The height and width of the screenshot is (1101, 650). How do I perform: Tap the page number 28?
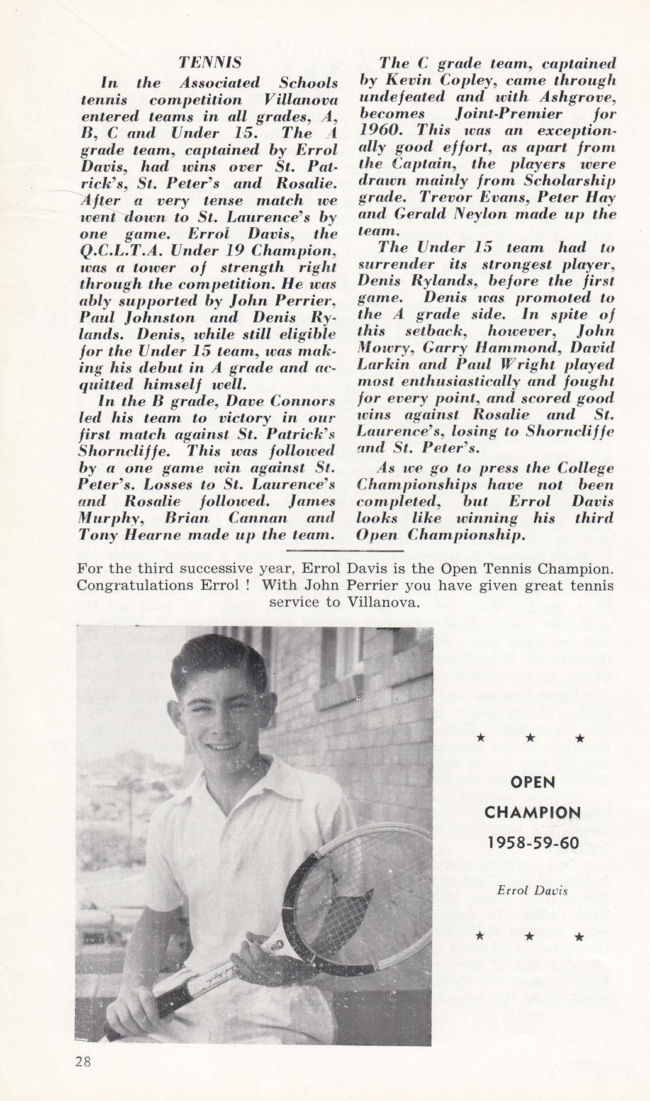click(x=83, y=1061)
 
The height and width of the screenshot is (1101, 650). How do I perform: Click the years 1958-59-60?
click(x=529, y=842)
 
